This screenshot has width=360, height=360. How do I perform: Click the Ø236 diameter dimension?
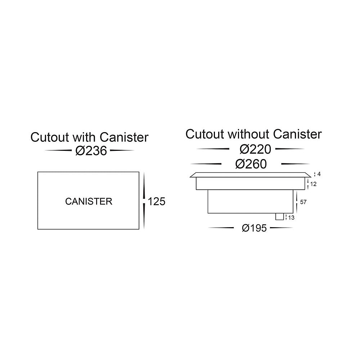pos(91,151)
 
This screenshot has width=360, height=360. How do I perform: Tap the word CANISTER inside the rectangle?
pos(89,201)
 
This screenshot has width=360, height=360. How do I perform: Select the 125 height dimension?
pos(157,202)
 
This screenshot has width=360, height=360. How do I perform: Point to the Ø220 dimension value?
pos(255,149)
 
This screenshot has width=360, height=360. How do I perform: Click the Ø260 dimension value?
pos(251,164)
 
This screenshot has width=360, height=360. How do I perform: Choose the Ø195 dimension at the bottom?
pos(255,228)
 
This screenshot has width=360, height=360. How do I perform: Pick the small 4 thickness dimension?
pos(319,174)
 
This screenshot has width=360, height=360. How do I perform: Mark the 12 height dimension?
pos(314,184)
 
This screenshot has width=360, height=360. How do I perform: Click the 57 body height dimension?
pos(303,202)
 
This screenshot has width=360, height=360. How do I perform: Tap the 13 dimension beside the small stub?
pos(291,218)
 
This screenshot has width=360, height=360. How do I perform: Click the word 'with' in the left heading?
pos(84,137)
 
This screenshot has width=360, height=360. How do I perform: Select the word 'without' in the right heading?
pos(248,134)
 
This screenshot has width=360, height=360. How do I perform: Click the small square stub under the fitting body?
pos(280,216)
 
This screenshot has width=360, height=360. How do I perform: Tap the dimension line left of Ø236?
pos(58,150)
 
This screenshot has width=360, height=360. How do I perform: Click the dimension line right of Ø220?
pos(290,149)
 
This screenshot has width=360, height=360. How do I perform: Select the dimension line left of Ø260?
pos(206,164)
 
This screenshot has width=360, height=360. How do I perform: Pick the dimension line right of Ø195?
pos(282,228)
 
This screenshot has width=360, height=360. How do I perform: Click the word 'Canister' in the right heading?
pos(297,134)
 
